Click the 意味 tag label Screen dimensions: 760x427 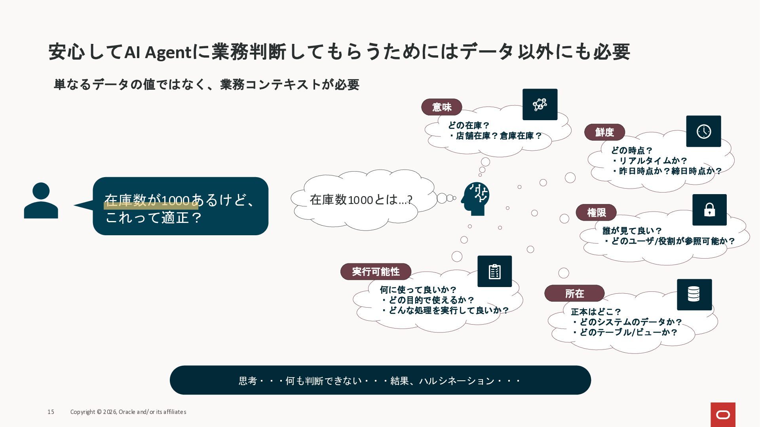(x=441, y=107)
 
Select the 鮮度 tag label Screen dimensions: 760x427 (x=604, y=132)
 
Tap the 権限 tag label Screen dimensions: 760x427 (x=596, y=213)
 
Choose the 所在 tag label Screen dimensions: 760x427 (x=574, y=293)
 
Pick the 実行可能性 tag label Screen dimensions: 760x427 (x=376, y=272)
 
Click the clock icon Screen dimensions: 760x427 (x=703, y=131)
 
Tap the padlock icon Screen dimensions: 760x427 (x=709, y=210)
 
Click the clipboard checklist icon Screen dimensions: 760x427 (x=495, y=271)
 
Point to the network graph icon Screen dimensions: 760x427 (x=540, y=104)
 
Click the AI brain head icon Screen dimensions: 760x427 (x=475, y=198)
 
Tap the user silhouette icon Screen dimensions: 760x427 (x=41, y=200)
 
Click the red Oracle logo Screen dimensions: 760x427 (x=723, y=415)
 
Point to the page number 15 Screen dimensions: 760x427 (x=51, y=412)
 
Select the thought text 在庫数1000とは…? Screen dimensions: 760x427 (x=361, y=200)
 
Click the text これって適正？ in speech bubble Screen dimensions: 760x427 (x=154, y=217)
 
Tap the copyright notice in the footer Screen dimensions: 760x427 (x=128, y=412)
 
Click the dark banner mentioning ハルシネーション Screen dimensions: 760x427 (x=380, y=380)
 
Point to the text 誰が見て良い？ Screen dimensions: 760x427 (x=632, y=231)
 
